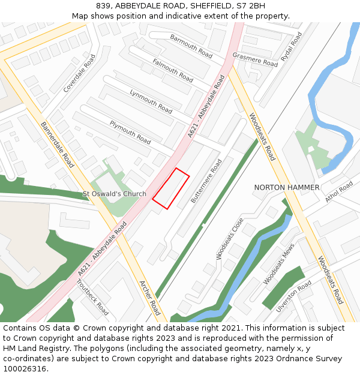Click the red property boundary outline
tap(171, 188)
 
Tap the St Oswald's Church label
tap(114, 194)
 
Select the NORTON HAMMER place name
tap(286, 188)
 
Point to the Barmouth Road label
tap(191, 46)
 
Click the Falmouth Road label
tap(172, 70)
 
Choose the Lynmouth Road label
tap(151, 101)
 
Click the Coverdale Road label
tap(80, 74)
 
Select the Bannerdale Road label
tap(57, 145)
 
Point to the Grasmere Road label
tap(255, 59)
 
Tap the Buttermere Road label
tap(206, 181)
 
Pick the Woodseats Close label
tap(230, 239)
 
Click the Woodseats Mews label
tap(279, 264)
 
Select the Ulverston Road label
tap(293, 296)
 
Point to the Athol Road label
tap(339, 192)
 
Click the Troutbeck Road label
tap(93, 297)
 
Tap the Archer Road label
tap(149, 298)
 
